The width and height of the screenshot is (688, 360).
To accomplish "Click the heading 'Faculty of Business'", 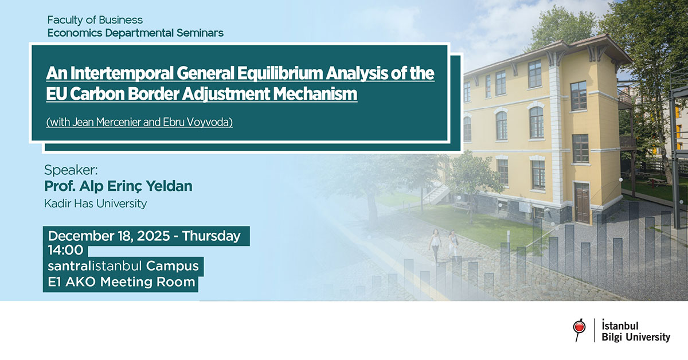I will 95,21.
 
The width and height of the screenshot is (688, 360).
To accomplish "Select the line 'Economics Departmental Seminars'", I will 135,33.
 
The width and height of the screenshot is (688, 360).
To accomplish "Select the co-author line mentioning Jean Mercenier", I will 139,122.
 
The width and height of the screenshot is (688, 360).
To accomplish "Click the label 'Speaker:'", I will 72,170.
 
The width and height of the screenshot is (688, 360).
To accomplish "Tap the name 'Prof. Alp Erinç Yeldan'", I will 118,186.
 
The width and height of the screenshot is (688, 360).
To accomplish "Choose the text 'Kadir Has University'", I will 95,204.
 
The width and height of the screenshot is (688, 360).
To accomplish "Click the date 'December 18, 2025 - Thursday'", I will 144,236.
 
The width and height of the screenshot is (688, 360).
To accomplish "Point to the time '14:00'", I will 66,251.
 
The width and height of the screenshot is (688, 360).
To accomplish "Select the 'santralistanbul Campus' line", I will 123,267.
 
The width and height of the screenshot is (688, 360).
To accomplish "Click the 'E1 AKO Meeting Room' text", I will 122,282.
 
